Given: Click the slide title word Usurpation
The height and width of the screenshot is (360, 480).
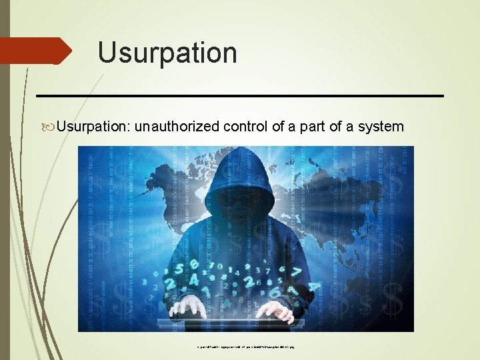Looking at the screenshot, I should click(167, 53).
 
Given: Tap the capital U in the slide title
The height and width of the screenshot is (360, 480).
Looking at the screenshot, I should click(107, 53).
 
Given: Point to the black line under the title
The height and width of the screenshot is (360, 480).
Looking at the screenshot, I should click(240, 96).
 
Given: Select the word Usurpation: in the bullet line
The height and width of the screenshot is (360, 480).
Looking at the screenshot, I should click(93, 127).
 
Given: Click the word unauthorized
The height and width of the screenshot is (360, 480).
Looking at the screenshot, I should click(176, 127).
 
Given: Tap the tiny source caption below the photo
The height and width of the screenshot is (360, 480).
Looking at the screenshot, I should click(246, 347).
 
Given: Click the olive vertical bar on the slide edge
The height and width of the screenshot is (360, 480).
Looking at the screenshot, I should click(5, 180).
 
